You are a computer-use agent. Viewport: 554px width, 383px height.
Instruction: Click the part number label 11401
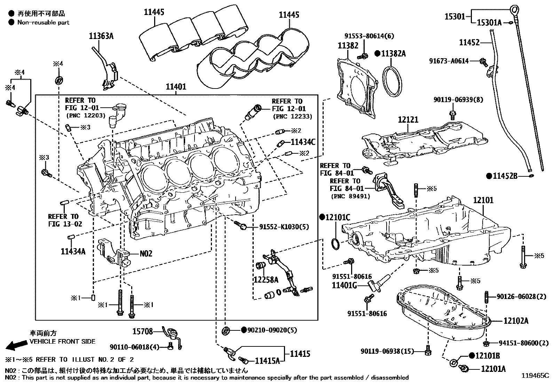(176, 87)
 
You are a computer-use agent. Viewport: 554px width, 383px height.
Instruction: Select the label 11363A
(101, 36)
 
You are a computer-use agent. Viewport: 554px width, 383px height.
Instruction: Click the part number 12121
(408, 120)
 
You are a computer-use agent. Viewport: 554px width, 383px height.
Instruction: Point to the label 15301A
(489, 23)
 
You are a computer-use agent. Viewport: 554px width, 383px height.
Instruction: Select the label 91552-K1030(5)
(284, 227)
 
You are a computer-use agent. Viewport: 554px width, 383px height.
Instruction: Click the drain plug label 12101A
(493, 369)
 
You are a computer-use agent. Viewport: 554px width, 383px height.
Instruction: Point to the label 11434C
(303, 142)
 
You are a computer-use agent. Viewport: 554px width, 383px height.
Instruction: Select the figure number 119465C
(535, 376)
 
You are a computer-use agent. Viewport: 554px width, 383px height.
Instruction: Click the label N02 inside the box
(146, 253)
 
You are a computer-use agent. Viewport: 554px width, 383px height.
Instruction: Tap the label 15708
(143, 331)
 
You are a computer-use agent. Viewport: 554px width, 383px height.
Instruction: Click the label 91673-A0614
(449, 61)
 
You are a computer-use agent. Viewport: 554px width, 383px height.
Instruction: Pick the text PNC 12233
(292, 116)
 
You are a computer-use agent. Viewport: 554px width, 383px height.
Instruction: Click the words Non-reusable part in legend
(43, 23)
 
